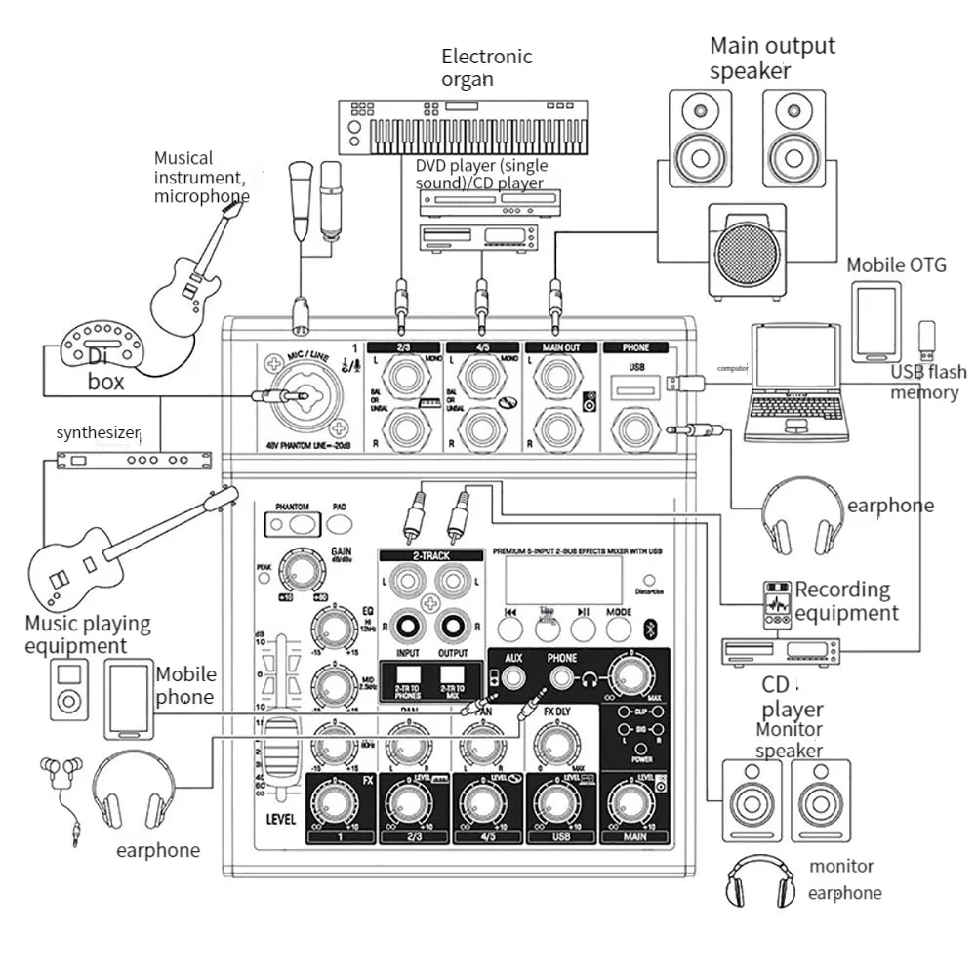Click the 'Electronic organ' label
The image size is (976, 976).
pos(486,66)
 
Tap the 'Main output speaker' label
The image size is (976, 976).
pos(771,57)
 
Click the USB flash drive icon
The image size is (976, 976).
pos(926,340)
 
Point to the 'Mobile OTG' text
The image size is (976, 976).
pos(895,264)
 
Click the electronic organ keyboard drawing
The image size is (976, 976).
pos(464,127)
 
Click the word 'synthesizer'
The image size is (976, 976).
pos(98,432)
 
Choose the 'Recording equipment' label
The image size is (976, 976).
pos(845,601)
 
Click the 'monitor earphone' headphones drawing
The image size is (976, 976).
pos(756,882)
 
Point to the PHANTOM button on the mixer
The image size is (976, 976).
pos(292,523)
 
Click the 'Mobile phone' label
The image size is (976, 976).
pos(185,685)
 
